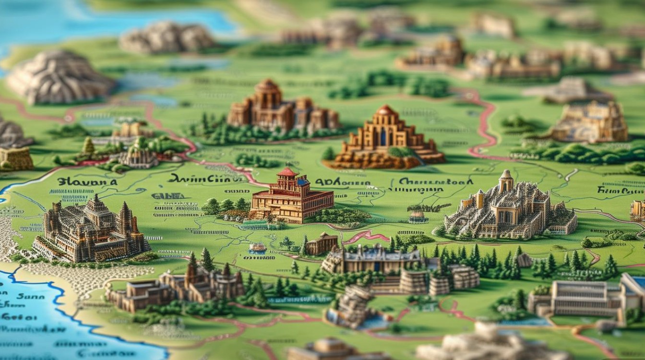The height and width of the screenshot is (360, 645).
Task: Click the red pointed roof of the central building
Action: [288, 171]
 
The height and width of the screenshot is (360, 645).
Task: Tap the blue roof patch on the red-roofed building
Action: [303, 182]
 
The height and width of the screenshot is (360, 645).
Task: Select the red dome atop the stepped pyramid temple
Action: [385, 110]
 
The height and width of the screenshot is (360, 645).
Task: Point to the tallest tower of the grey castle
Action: [506, 180]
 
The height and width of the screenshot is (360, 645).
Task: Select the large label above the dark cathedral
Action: [87, 182]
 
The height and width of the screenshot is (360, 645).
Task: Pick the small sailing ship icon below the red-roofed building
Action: [257, 248]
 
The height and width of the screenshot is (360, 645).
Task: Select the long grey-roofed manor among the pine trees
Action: [372, 259]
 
